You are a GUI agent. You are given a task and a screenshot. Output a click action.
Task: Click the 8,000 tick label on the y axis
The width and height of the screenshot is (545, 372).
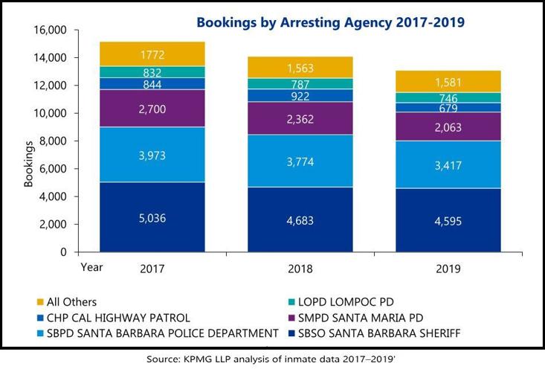52,141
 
